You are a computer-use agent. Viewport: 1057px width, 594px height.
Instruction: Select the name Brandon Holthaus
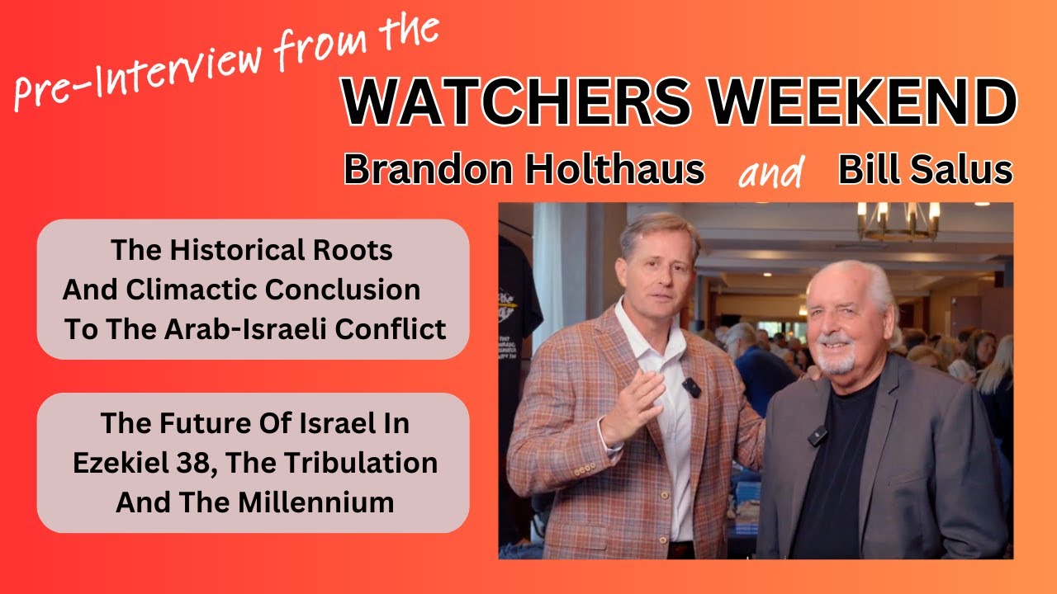[x=524, y=170]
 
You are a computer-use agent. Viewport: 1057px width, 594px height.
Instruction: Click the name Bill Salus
[x=925, y=170]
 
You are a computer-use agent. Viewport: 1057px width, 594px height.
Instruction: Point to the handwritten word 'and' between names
[x=771, y=172]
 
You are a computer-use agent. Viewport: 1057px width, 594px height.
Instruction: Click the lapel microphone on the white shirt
[x=690, y=386]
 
